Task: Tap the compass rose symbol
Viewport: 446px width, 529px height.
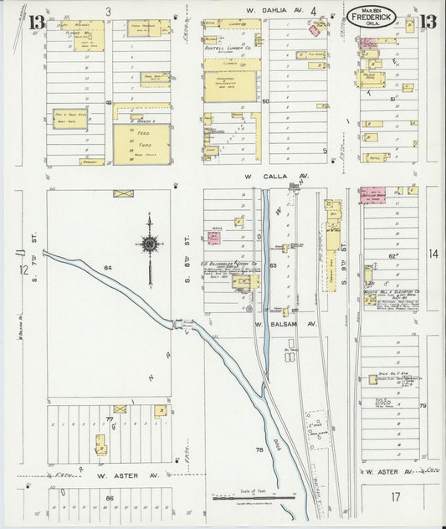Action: [150, 244]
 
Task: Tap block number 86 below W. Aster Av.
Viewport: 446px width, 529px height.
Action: [109, 497]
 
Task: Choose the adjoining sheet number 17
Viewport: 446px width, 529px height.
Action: [394, 498]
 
